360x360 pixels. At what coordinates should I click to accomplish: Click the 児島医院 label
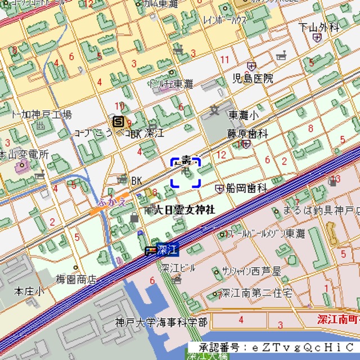click(253, 78)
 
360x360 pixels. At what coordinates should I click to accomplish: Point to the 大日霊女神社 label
click(184, 210)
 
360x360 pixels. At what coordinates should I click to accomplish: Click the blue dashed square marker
click(186, 172)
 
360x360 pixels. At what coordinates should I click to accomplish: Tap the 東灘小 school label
click(244, 115)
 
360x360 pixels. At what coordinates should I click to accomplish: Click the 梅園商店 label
click(76, 279)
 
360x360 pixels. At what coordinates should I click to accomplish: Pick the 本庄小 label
click(29, 291)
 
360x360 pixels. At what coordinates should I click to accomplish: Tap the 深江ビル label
click(178, 267)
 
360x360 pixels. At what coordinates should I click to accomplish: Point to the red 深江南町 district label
click(337, 319)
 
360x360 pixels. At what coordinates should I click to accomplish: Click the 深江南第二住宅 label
click(256, 293)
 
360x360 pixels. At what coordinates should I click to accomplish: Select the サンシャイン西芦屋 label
click(251, 271)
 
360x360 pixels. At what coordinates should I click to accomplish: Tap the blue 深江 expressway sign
click(168, 248)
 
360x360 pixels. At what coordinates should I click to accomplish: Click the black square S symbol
click(118, 121)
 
